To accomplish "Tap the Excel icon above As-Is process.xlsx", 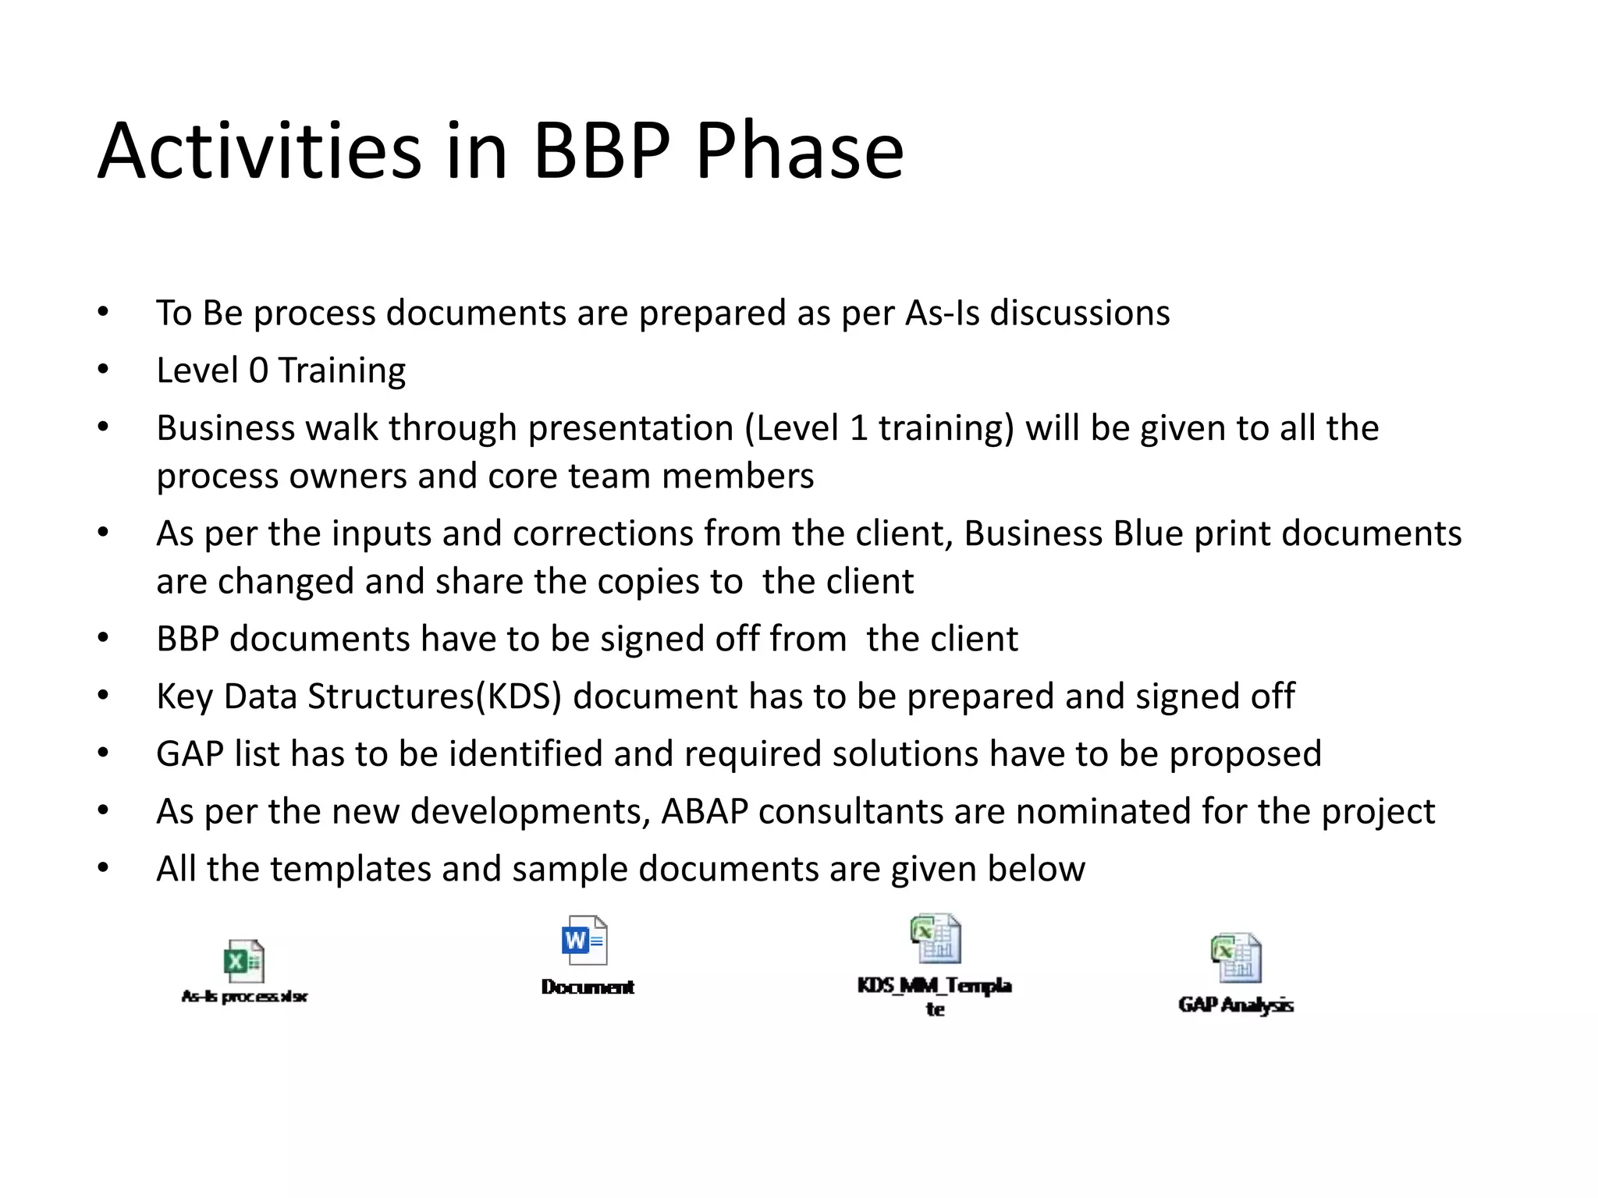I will tap(244, 961).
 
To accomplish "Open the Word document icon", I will tap(584, 940).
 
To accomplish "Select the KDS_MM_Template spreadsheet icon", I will tap(936, 939).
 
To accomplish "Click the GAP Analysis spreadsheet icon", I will tap(1236, 958).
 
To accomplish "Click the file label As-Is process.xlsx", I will tap(244, 996).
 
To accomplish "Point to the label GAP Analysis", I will tap(1236, 1005).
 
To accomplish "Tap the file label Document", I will tap(588, 987).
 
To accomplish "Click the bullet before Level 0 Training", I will tap(103, 370).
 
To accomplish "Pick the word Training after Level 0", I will tap(342, 370).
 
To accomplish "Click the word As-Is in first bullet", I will tap(942, 313).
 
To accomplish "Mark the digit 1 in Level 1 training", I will tap(858, 428).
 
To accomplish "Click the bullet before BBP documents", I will tap(103, 639).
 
